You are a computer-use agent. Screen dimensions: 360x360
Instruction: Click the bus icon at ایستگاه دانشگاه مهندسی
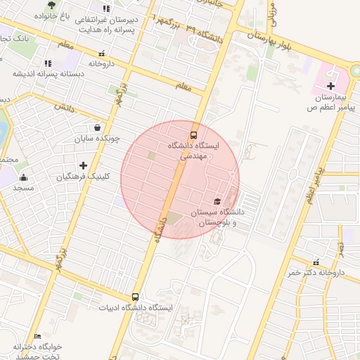(x=193, y=134)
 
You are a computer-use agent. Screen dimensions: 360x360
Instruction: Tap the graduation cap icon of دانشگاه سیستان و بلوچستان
(x=217, y=201)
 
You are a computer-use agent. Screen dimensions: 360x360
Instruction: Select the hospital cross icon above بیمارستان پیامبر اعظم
(x=330, y=85)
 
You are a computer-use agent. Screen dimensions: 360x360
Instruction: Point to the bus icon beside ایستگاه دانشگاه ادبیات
(x=135, y=297)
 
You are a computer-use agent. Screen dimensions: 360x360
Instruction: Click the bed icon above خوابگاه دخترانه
(x=37, y=337)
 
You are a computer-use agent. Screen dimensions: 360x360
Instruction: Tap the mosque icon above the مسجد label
(x=23, y=177)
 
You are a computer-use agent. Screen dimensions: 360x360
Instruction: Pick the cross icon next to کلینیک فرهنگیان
(x=83, y=165)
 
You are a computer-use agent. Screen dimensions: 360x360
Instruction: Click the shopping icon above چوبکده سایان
(x=96, y=127)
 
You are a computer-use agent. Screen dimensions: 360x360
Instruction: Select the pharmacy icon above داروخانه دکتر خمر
(x=316, y=262)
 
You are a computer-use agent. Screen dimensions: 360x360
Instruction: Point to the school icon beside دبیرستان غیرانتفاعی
(x=106, y=8)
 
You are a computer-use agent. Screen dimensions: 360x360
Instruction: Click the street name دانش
(x=63, y=107)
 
